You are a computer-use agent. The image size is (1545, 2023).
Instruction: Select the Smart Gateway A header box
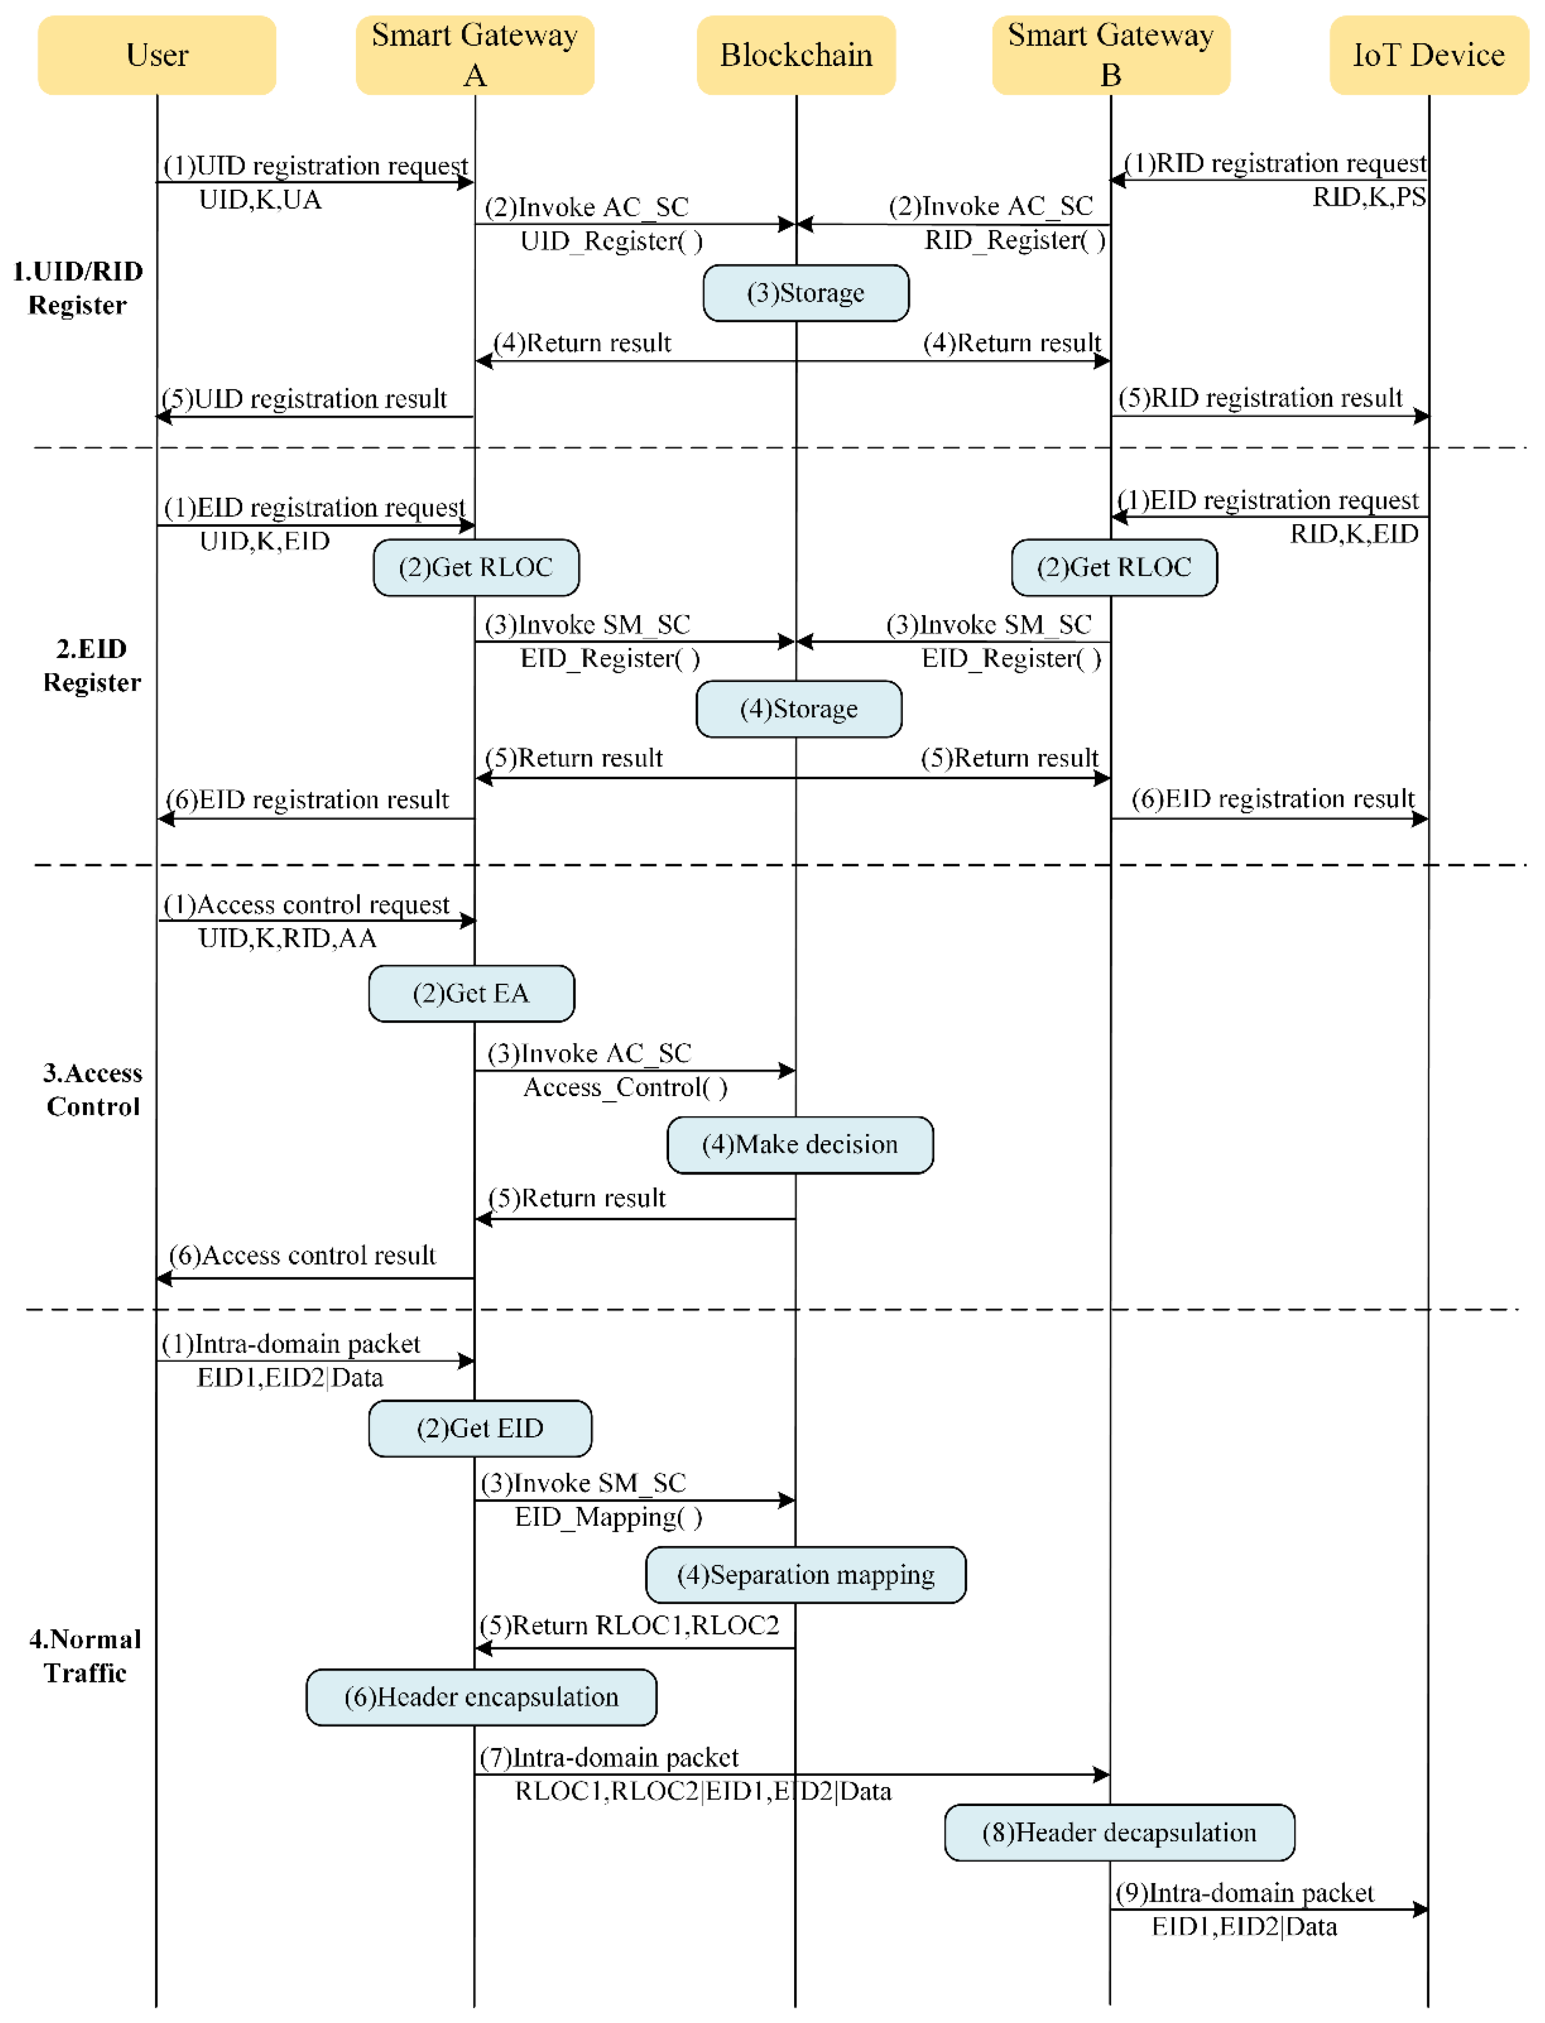click(474, 55)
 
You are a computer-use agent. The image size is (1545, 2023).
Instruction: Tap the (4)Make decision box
click(800, 1145)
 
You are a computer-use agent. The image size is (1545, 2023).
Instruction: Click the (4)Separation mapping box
click(806, 1575)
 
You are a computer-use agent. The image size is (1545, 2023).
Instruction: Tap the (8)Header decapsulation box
click(1119, 1833)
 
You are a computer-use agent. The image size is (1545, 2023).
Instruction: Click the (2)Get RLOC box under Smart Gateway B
click(1114, 567)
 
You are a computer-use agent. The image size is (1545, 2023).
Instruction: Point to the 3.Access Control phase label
click(93, 1090)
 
